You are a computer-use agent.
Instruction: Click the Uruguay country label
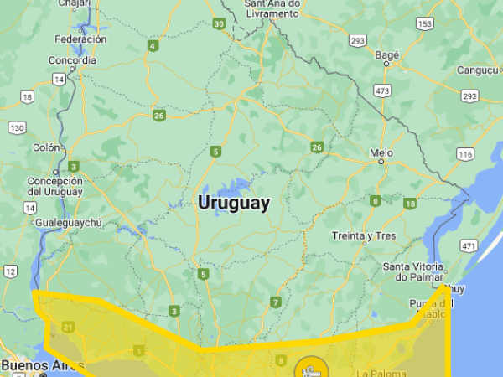(234, 203)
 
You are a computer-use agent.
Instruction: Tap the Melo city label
(381, 152)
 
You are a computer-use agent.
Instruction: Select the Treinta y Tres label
(364, 235)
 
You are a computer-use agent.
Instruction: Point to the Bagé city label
(387, 54)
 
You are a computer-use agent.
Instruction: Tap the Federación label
(80, 39)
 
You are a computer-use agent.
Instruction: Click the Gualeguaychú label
(66, 222)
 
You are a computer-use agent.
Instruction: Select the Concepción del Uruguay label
(55, 186)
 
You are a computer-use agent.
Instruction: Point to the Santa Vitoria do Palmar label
(413, 271)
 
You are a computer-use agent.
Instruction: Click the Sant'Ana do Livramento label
(272, 8)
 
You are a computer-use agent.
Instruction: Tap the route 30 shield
(219, 24)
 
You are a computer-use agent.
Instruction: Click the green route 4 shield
(153, 45)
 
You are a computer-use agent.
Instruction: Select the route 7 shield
(275, 302)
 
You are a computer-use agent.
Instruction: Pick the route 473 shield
(383, 90)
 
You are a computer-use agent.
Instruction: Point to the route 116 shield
(464, 155)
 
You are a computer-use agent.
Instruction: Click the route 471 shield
(469, 245)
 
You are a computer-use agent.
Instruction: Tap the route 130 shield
(16, 127)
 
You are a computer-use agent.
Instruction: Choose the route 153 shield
(425, 24)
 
